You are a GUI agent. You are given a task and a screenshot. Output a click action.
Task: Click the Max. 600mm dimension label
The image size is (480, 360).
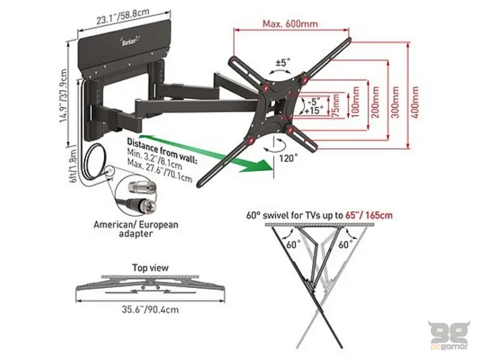click(290, 23)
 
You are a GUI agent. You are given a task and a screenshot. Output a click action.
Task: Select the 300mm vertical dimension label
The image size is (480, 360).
click(395, 102)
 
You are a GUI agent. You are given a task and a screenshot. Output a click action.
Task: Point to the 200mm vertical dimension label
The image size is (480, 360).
click(376, 102)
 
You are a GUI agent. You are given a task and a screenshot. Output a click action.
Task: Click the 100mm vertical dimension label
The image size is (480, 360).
click(355, 102)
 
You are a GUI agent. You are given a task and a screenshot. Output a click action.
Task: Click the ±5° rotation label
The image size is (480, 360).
click(283, 62)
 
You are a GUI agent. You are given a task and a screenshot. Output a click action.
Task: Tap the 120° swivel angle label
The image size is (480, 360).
click(288, 158)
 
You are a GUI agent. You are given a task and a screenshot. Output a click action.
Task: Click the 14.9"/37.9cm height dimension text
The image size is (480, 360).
click(64, 95)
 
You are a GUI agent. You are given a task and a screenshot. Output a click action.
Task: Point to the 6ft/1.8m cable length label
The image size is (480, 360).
click(74, 166)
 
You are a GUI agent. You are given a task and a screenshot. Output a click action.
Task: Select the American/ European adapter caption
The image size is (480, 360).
click(136, 229)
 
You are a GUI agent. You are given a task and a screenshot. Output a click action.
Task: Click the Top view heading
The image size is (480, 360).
click(151, 268)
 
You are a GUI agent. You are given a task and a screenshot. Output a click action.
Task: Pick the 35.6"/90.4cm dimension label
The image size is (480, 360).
click(151, 309)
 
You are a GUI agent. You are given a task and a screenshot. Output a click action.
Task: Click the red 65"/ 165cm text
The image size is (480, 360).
click(369, 215)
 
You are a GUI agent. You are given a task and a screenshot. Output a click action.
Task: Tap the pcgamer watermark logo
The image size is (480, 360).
click(449, 335)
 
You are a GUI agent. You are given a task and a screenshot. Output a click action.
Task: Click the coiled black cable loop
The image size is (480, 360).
click(95, 161)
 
